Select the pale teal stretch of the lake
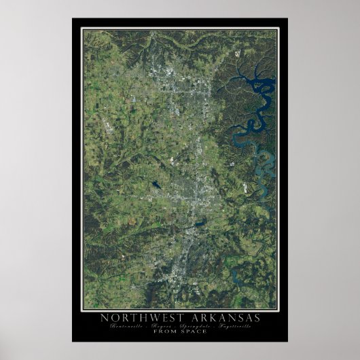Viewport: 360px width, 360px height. point(266,163)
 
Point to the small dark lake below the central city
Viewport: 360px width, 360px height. point(198,224)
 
